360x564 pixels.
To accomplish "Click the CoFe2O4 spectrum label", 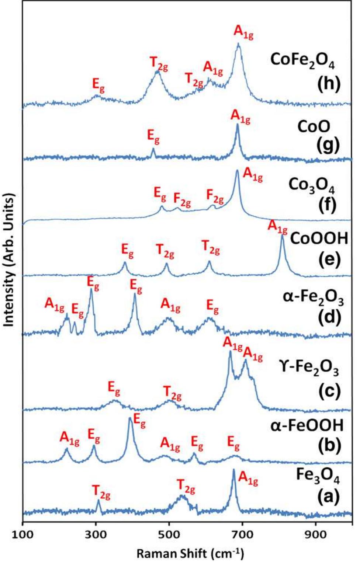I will click(x=302, y=60).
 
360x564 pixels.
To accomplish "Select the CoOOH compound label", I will click(x=319, y=239).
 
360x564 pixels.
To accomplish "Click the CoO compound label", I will click(x=314, y=127).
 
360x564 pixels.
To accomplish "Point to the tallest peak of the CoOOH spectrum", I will click(x=282, y=236).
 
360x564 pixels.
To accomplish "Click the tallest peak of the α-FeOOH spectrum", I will click(x=130, y=418).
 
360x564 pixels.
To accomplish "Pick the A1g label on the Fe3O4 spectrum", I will click(x=248, y=478).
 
